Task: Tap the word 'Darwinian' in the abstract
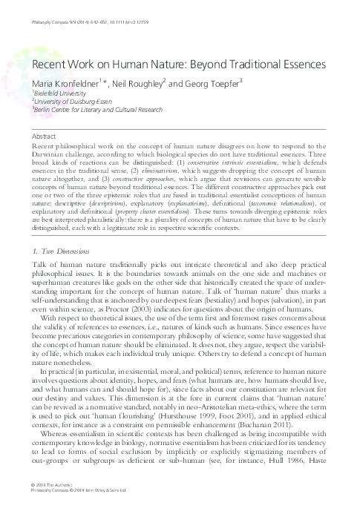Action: pos(51,154)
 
